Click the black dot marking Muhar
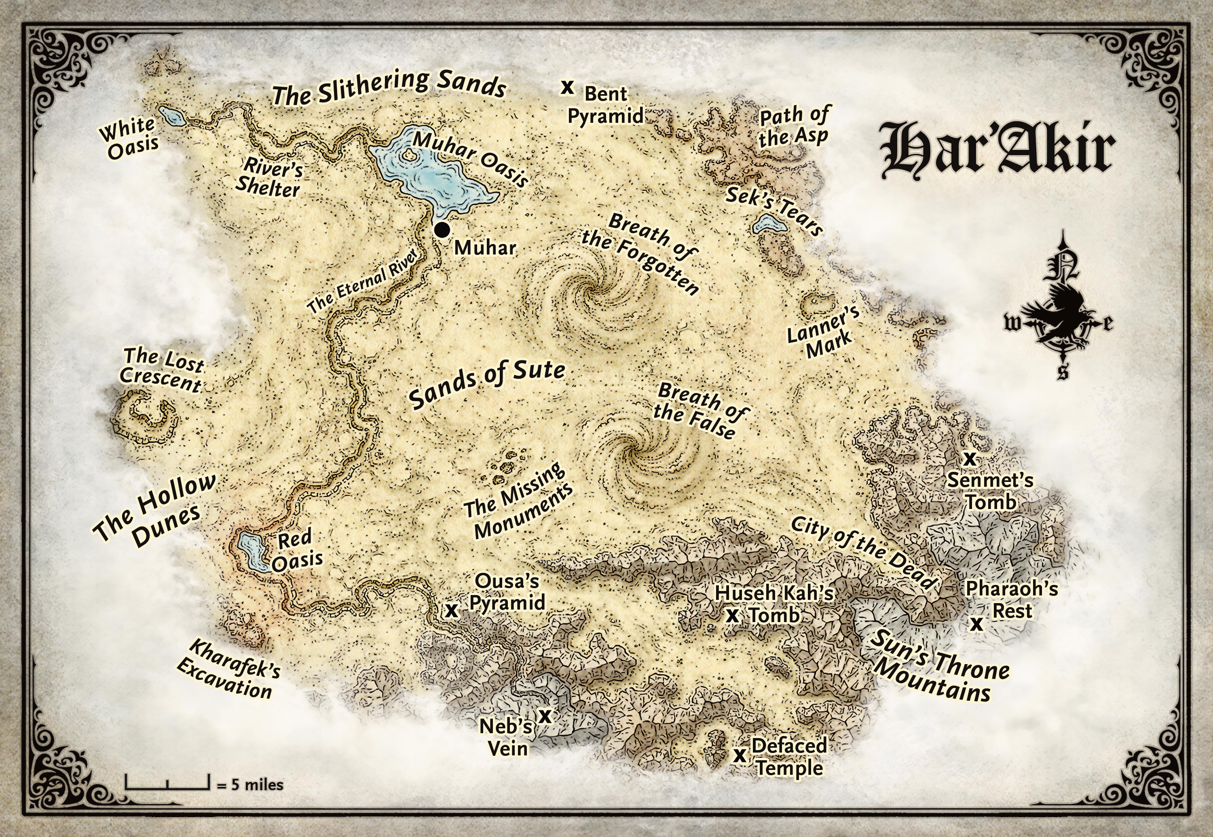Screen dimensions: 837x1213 (x=442, y=230)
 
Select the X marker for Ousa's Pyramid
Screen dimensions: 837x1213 (x=451, y=610)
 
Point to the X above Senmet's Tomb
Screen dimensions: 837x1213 (x=970, y=459)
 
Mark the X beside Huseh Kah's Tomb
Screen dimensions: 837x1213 (x=732, y=616)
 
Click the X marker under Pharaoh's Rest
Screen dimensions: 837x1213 (x=976, y=624)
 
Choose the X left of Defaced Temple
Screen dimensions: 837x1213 (x=740, y=756)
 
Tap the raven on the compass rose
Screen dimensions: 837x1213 (x=1060, y=309)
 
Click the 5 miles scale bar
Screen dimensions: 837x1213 (x=167, y=783)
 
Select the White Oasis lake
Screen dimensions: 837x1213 (x=171, y=116)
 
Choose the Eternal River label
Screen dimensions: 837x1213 (x=363, y=281)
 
